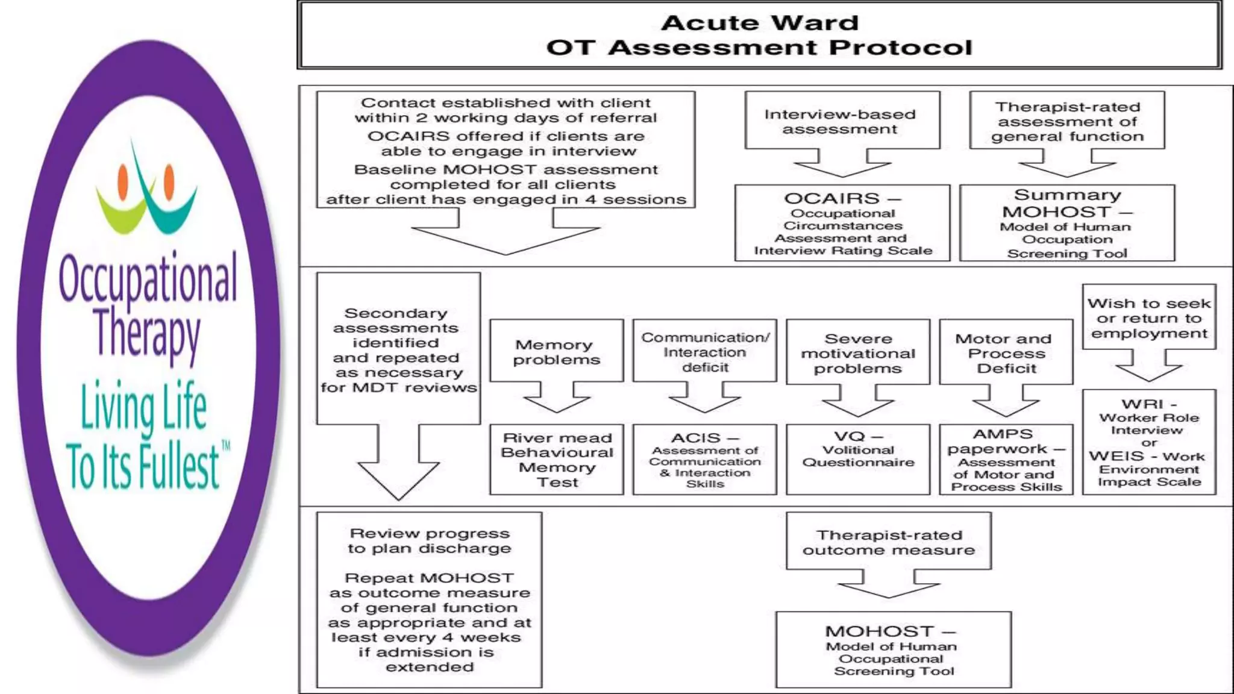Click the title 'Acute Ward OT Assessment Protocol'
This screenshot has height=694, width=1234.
759,35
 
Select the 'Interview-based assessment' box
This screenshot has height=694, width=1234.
842,121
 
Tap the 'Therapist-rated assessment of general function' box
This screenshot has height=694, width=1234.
1066,121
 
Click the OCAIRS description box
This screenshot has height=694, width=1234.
842,223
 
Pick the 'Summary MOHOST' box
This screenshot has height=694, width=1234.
1066,223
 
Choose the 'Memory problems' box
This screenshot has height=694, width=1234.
556,351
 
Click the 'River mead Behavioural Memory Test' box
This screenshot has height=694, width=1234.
556,459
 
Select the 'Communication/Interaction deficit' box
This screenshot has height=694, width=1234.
704,351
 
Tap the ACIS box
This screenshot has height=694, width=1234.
704,459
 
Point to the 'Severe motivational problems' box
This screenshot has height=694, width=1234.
857,352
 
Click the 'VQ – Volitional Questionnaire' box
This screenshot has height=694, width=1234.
857,459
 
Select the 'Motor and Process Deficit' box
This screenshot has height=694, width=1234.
1006,352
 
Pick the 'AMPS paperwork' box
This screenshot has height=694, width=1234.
1006,459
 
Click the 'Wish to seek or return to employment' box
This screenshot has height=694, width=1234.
1148,317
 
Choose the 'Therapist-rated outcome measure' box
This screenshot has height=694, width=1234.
888,542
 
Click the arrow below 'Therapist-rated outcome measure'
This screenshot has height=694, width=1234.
888,584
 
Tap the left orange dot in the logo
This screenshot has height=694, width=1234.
124,181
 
